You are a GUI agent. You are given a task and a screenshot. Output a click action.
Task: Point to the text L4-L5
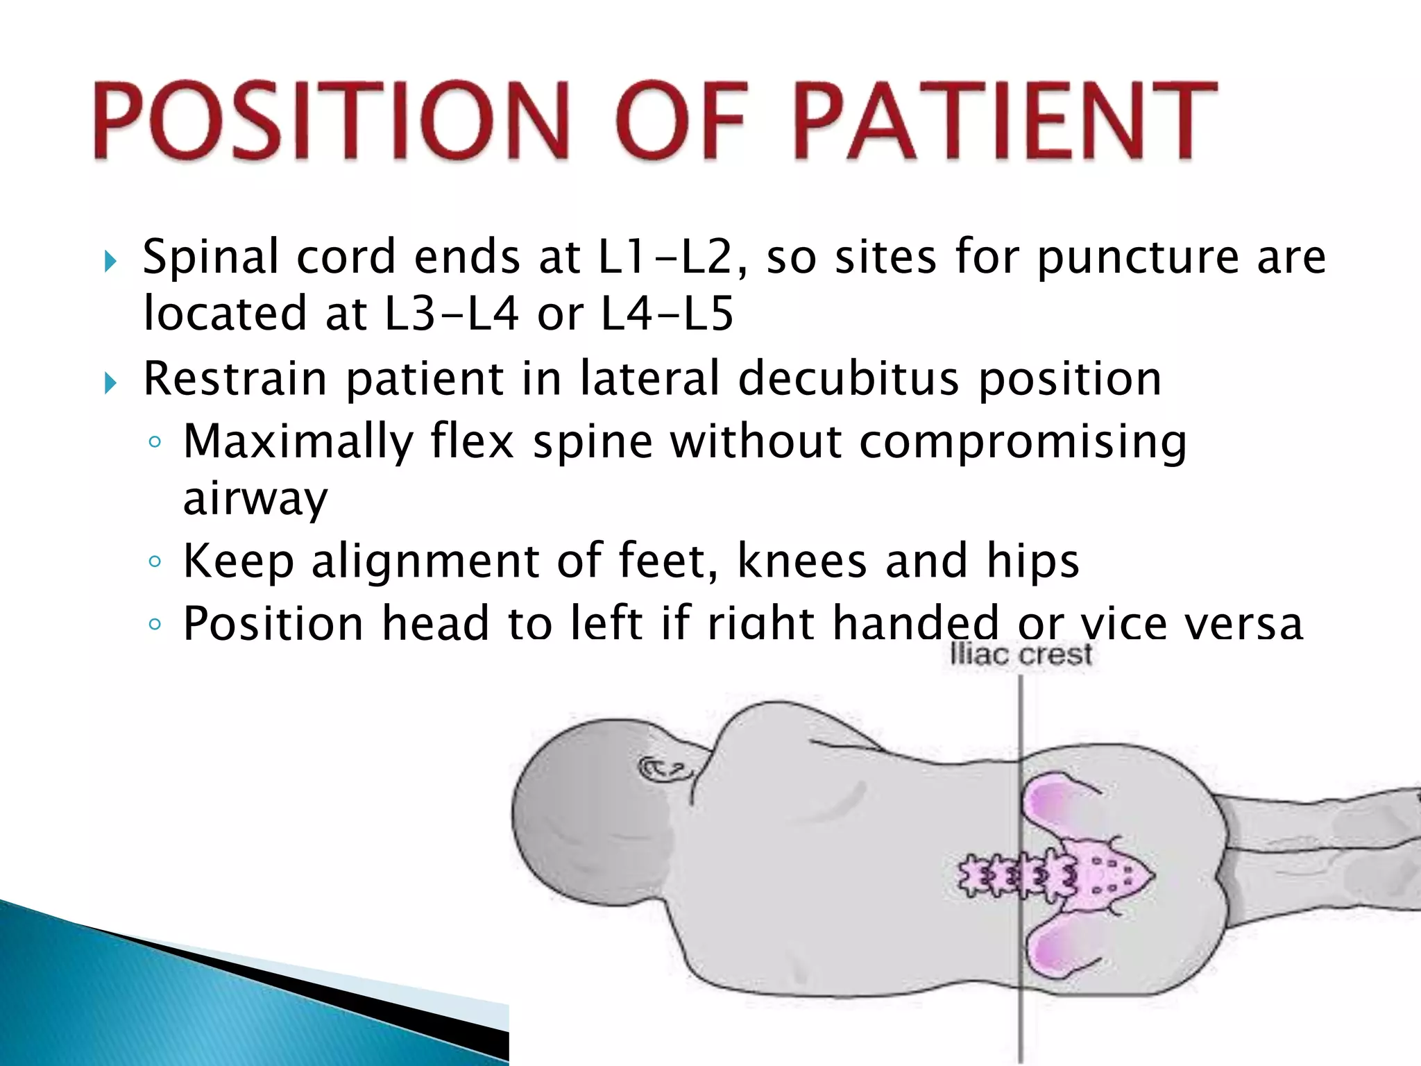coord(666,314)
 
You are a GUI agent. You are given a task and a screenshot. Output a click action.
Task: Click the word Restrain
coord(235,379)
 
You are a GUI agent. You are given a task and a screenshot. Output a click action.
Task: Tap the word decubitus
coord(848,379)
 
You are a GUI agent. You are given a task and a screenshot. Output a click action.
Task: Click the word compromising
coord(1023,442)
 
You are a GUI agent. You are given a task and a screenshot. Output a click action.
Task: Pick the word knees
coord(801,561)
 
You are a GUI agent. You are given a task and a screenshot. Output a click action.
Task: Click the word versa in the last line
coord(1243,623)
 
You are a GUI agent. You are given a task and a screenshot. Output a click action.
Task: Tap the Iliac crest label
coord(1020,654)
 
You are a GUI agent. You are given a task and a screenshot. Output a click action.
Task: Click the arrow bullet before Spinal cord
coord(110,262)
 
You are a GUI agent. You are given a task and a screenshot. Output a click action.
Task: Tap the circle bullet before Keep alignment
coord(155,561)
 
